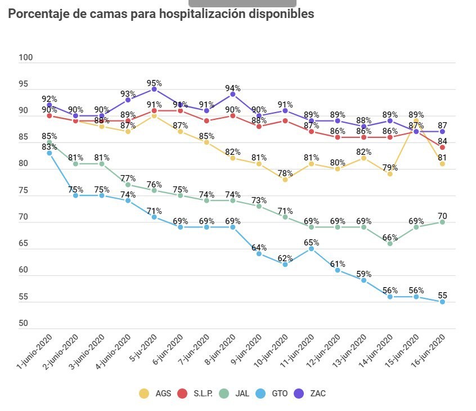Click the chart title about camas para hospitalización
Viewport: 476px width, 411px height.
coord(161,14)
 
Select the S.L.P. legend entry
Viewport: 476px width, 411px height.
coord(195,394)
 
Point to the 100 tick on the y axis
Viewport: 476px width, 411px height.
coord(26,58)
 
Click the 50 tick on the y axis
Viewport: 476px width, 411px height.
coord(26,324)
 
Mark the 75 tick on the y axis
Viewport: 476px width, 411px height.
coord(26,191)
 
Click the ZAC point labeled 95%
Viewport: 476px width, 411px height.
coord(154,89)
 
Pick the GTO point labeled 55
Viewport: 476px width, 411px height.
coord(442,302)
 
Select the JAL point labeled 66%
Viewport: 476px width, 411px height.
coord(390,243)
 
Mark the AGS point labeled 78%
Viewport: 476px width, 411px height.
coord(285,180)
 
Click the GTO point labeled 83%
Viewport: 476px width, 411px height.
coord(50,153)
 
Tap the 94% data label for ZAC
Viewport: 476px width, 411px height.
coord(233,88)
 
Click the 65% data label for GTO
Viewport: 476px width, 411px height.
coord(311,243)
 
